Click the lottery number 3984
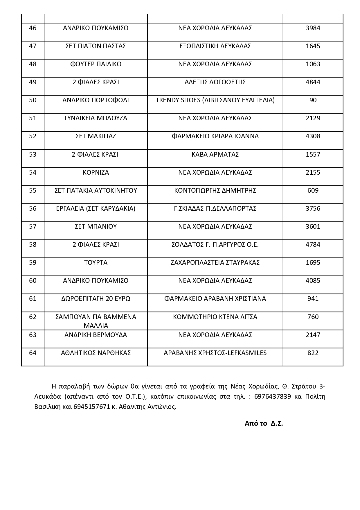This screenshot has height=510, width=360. pyautogui.click(x=313, y=28)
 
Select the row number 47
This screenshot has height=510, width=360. pyautogui.click(x=33, y=46)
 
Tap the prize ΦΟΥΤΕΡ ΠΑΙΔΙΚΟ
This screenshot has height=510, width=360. pyautogui.click(x=96, y=64)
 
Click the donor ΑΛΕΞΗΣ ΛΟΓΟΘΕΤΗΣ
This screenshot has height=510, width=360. pyautogui.click(x=215, y=82)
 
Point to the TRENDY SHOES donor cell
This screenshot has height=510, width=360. pyautogui.click(x=215, y=100)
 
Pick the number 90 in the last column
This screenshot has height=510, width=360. pyautogui.click(x=313, y=100)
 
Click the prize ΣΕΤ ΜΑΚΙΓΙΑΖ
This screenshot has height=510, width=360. pyautogui.click(x=96, y=136)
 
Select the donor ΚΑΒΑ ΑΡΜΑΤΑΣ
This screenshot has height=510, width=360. pyautogui.click(x=215, y=154)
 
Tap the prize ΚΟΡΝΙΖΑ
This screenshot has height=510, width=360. pyautogui.click(x=96, y=173)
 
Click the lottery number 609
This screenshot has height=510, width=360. pyautogui.click(x=313, y=191)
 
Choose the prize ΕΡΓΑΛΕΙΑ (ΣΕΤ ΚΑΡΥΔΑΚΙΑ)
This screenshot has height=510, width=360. pyautogui.click(x=96, y=209)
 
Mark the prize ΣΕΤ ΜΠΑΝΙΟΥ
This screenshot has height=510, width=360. pyautogui.click(x=96, y=227)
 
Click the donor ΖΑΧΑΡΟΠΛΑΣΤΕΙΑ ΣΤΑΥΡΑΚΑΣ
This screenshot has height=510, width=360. pyautogui.click(x=215, y=263)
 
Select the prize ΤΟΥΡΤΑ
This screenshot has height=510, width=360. pyautogui.click(x=96, y=263)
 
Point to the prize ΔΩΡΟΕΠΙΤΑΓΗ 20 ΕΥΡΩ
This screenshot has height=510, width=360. pyautogui.click(x=96, y=299)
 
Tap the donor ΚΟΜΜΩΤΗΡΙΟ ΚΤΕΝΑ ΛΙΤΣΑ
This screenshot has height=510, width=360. pyautogui.click(x=215, y=317)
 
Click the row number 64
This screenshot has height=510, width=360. pyautogui.click(x=33, y=353)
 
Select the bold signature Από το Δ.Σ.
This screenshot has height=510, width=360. pyautogui.click(x=264, y=423)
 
